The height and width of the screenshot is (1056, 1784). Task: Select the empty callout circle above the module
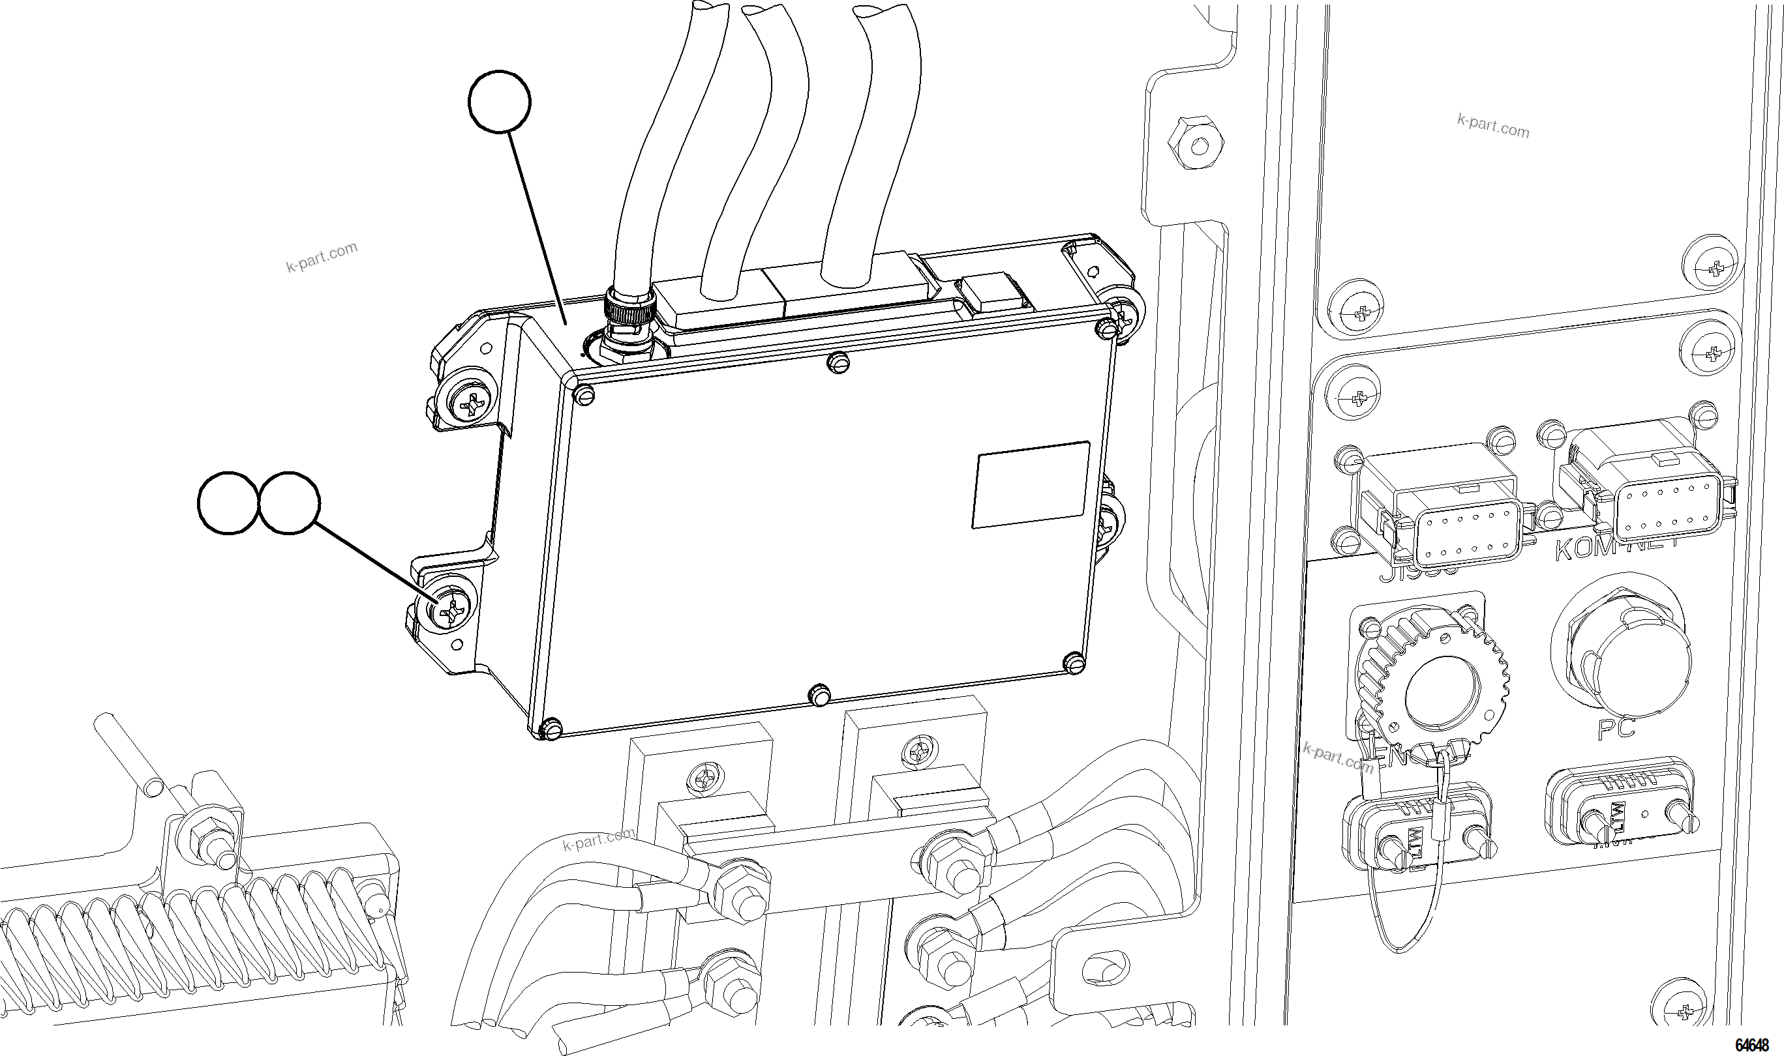tap(500, 102)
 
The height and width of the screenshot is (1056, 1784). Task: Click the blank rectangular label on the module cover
tap(1030, 484)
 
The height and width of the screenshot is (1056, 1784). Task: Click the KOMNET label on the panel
tap(1613, 549)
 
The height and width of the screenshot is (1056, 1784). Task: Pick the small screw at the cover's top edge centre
tap(839, 363)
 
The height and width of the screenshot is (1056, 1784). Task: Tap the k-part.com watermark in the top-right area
tap(1493, 127)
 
